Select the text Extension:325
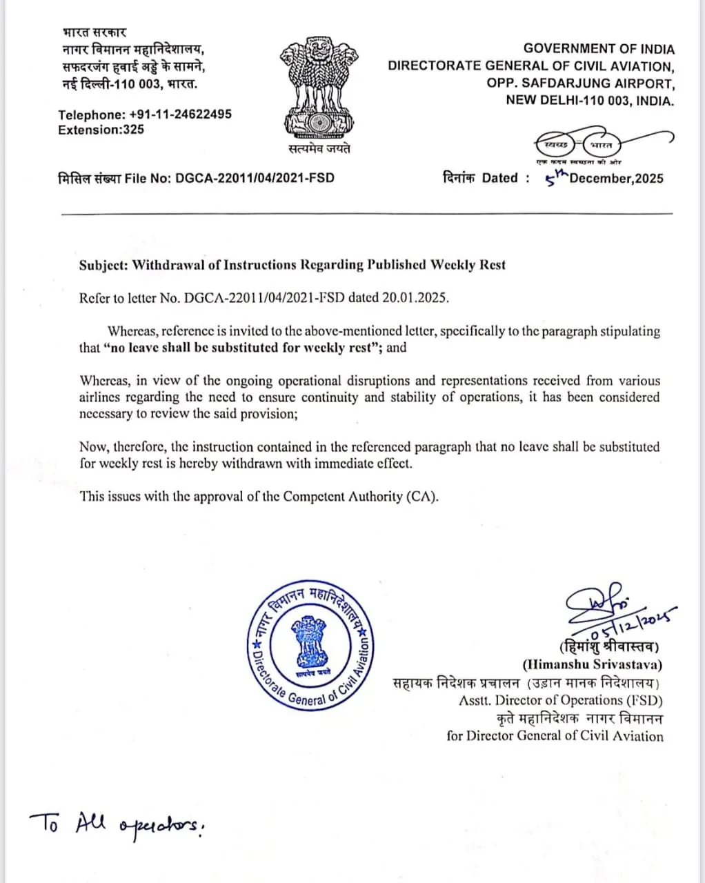101,130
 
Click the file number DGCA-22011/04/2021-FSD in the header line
255,178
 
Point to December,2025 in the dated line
617,179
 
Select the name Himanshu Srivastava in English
593,665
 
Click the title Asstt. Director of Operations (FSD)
561,700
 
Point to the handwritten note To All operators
117,824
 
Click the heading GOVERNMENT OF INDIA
599,49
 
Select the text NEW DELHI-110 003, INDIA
590,101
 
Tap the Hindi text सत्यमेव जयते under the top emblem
319,149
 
